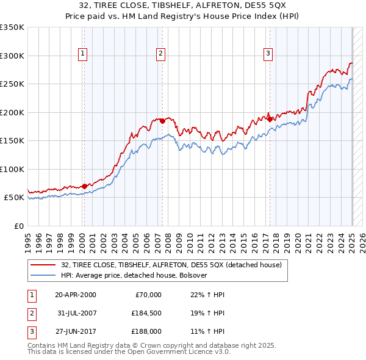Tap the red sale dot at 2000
(84, 186)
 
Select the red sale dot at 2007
(163, 121)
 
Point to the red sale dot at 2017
(270, 120)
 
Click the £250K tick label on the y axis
(12, 84)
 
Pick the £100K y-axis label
(12, 169)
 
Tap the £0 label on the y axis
(17, 226)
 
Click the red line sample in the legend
(43, 265)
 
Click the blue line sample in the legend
(43, 276)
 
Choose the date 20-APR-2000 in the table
(75, 295)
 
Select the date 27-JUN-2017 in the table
(75, 331)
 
